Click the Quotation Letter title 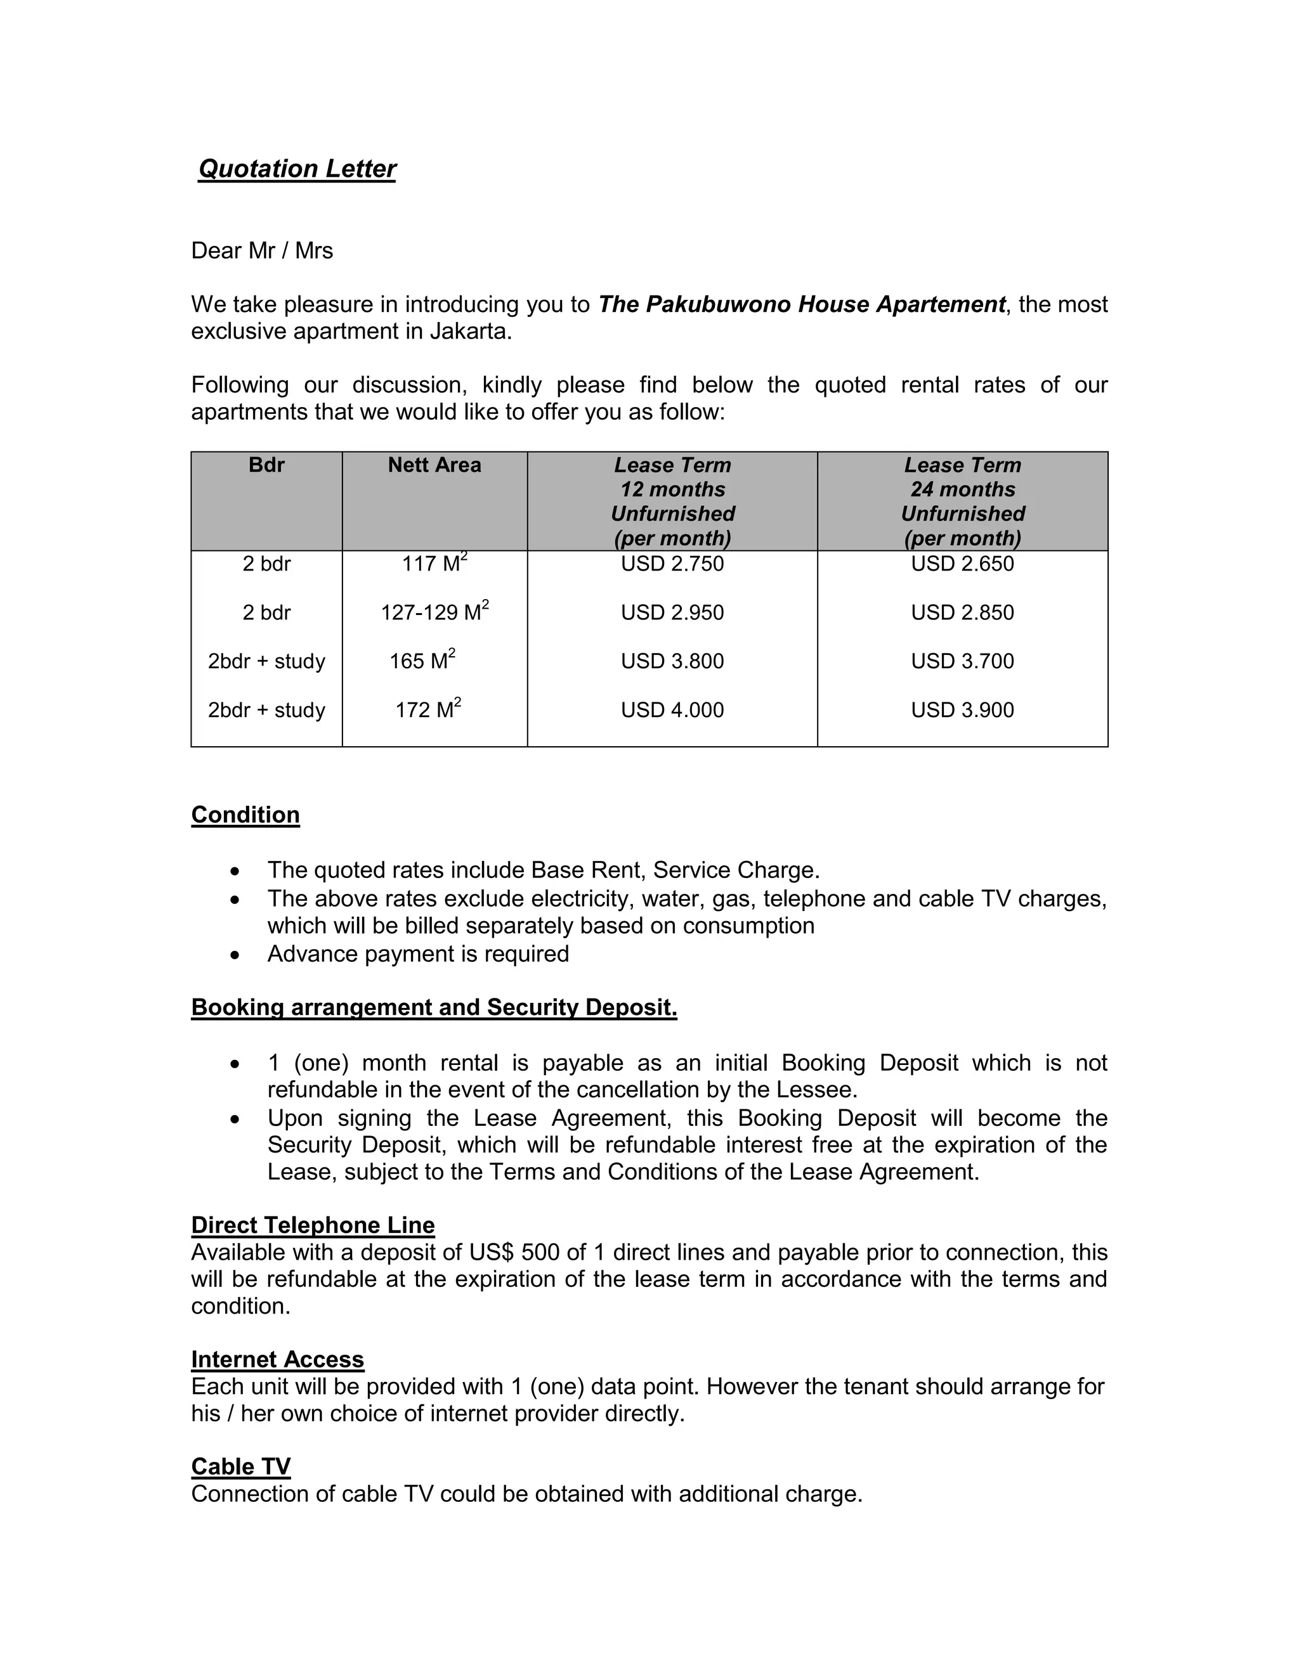pos(297,169)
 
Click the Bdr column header pos(266,465)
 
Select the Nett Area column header pos(434,465)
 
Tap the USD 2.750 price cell pos(672,564)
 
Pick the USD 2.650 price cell pos(962,564)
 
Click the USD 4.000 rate pos(672,709)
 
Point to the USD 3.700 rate pos(962,661)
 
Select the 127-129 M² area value pos(434,612)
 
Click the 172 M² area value pos(428,709)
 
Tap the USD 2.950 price pos(672,612)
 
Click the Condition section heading pos(245,815)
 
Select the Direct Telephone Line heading pos(313,1225)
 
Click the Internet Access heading pos(277,1359)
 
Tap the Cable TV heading pos(241,1466)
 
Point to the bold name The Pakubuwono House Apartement pos(801,304)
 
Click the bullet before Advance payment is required pos(235,955)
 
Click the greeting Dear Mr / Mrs pos(262,251)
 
